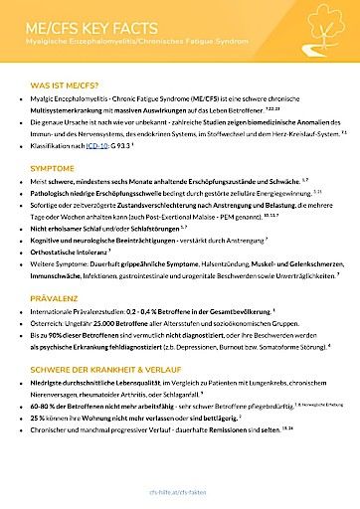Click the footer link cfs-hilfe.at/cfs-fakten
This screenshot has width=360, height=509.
[180, 491]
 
